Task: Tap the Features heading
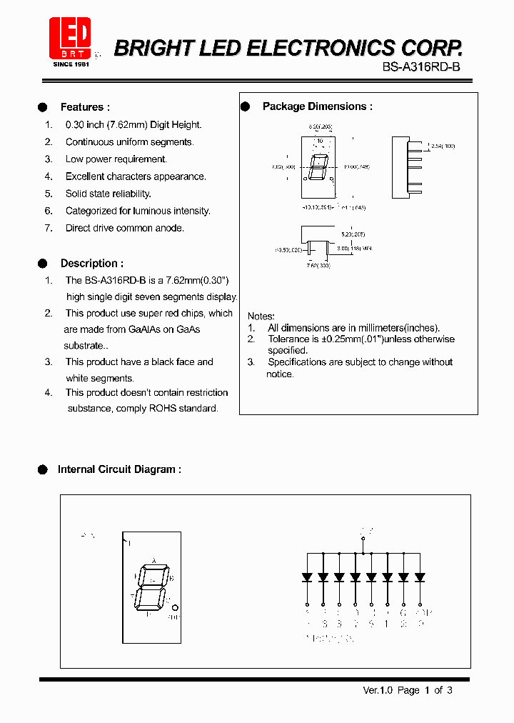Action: (85, 107)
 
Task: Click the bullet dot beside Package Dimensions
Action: (245, 106)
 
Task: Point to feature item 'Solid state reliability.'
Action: (109, 194)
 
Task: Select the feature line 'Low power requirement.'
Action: (116, 159)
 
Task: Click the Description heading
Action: (91, 264)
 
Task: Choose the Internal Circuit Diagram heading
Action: (119, 469)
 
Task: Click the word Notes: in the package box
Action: (261, 316)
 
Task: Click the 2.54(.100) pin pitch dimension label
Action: (441, 146)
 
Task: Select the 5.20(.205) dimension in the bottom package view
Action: (353, 234)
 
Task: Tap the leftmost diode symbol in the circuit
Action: (307, 577)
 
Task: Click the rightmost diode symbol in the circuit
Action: (420, 577)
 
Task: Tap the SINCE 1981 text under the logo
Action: (71, 64)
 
